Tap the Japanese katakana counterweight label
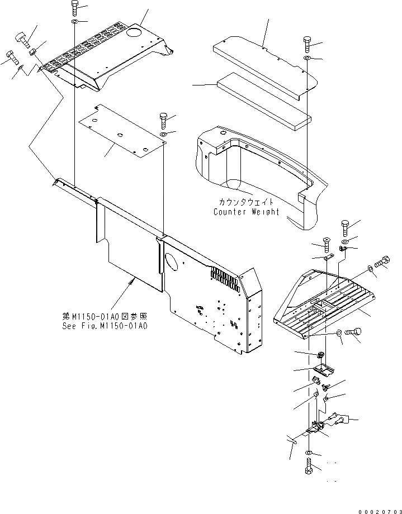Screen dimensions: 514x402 point(245,203)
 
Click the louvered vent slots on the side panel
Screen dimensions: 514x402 point(226,275)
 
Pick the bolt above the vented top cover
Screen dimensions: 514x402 point(75,8)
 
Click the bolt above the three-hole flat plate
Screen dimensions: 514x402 point(162,119)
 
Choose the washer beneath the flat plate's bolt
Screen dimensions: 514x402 point(163,135)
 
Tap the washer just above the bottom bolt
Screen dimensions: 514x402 point(309,452)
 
